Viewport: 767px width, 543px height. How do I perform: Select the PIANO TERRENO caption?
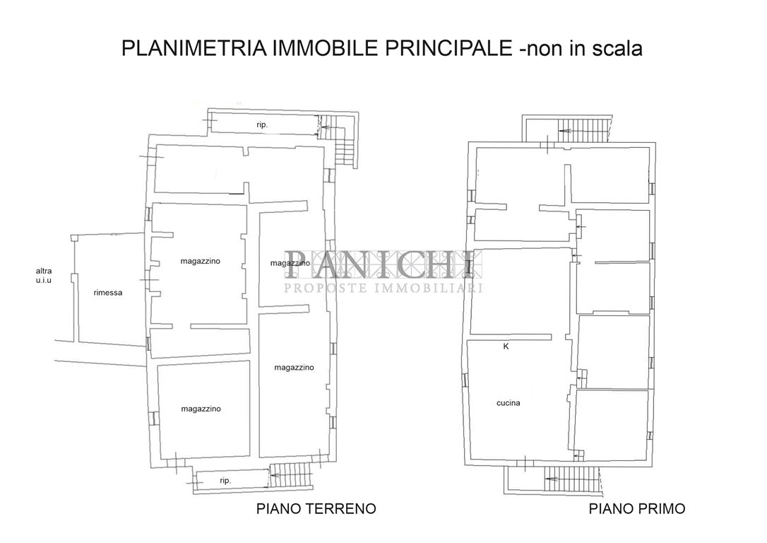coord(316,508)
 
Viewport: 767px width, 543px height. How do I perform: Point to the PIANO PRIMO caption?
coord(637,509)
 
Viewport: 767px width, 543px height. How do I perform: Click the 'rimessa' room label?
coord(108,292)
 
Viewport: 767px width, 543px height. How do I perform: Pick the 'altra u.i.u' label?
coord(44,275)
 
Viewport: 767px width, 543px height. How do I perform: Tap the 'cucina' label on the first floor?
coord(509,403)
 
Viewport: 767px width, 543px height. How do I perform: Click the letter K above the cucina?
coord(506,346)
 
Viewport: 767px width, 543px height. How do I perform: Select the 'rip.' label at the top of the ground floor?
coord(262,124)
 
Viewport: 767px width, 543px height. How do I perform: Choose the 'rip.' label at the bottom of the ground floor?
coord(225,481)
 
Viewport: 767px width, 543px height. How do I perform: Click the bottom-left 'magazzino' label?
coord(201,409)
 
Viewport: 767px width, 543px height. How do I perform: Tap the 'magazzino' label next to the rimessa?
coord(200,261)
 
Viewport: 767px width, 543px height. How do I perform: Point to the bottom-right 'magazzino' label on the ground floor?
coord(294,367)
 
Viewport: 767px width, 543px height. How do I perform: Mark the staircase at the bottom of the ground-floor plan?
coord(290,475)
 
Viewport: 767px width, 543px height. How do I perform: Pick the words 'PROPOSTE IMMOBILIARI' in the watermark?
coord(383,288)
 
